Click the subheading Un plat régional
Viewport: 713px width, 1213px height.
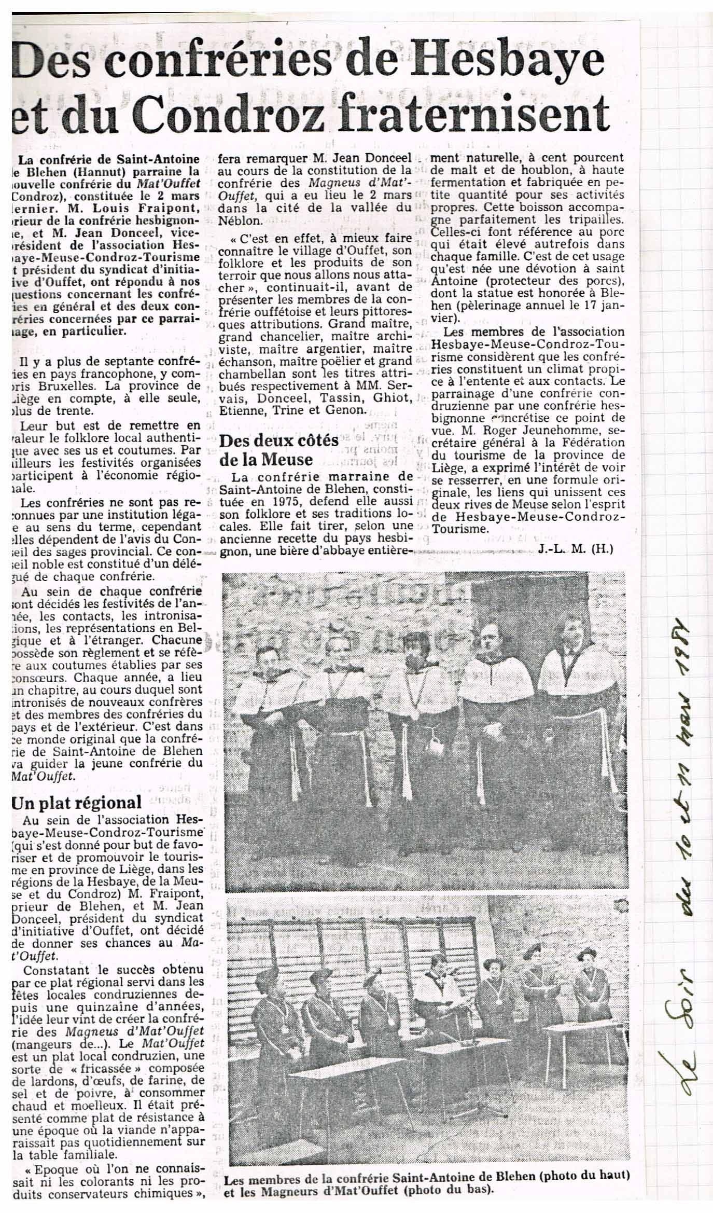click(x=76, y=802)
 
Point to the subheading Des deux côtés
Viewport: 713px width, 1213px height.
click(x=279, y=442)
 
